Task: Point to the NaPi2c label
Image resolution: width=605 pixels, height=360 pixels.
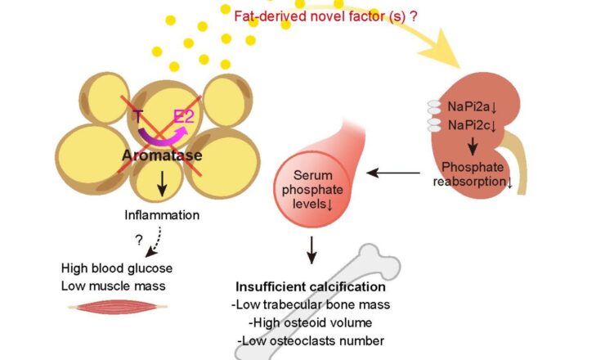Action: pyautogui.click(x=477, y=125)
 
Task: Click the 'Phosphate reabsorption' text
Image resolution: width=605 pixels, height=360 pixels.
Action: pyautogui.click(x=473, y=174)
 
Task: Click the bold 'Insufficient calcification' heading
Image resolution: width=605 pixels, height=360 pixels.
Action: pyautogui.click(x=311, y=288)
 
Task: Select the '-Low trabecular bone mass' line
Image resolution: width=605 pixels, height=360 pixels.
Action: pyautogui.click(x=311, y=305)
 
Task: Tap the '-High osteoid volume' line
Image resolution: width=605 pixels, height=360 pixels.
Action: pyautogui.click(x=311, y=322)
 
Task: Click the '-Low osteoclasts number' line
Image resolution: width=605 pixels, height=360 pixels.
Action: pyautogui.click(x=311, y=340)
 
